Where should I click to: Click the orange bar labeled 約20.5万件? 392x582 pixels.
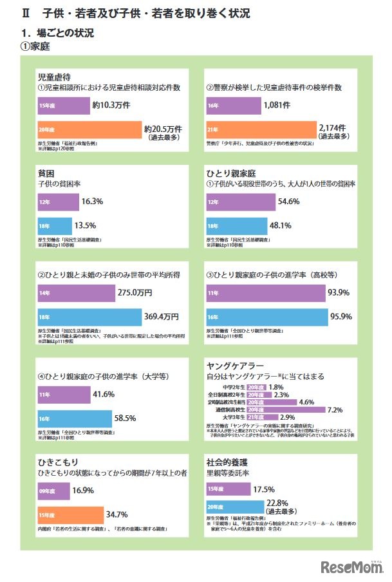[x=89, y=130]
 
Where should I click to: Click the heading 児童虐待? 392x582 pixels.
[x=53, y=75]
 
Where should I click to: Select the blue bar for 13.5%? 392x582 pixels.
[x=54, y=226]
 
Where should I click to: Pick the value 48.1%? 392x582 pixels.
[x=280, y=226]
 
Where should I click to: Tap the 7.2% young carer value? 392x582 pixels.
[x=335, y=409]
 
